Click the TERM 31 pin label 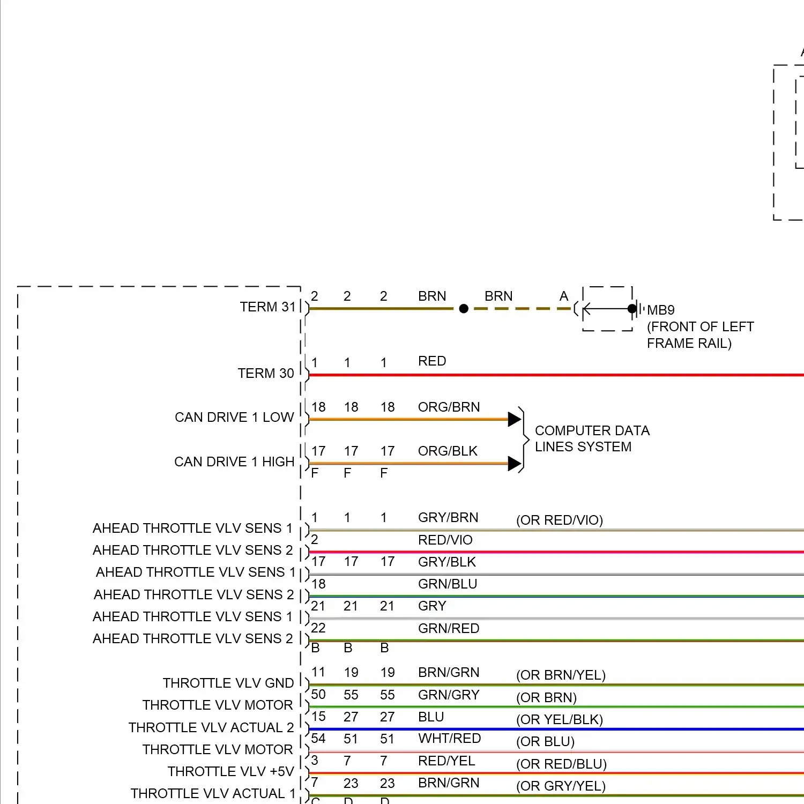(x=267, y=307)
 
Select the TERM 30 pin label (x=265, y=374)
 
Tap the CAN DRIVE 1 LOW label (x=234, y=418)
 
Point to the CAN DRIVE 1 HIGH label (x=234, y=462)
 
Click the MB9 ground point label (x=660, y=310)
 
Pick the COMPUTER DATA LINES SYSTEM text (x=592, y=438)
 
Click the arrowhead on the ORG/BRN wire (x=515, y=419)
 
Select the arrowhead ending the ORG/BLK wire (x=515, y=463)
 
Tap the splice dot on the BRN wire (x=464, y=309)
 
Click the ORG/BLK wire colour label (x=448, y=451)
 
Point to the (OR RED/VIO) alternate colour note (x=559, y=520)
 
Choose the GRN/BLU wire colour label (x=448, y=584)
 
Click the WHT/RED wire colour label (x=449, y=739)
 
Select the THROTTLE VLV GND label (x=228, y=683)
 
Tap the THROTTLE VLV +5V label (x=230, y=772)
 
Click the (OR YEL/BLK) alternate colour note (x=559, y=720)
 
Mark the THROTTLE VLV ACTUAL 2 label (x=211, y=728)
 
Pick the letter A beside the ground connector (x=563, y=296)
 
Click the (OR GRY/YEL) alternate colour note (x=561, y=786)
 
